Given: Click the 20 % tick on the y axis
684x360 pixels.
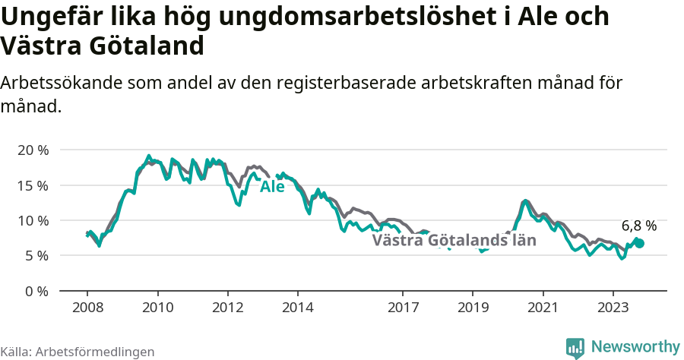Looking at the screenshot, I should point(33,150).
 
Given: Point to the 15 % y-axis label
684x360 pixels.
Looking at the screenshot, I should point(33,185).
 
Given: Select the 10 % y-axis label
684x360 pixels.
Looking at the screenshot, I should point(33,220).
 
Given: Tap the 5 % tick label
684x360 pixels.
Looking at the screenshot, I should point(36,256).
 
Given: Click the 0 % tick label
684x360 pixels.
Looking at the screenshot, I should point(36,291).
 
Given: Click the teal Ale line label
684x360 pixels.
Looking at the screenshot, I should point(272,187).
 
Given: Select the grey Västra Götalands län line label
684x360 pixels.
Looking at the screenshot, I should point(454,241).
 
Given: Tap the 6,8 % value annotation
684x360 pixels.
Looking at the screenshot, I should point(638,226).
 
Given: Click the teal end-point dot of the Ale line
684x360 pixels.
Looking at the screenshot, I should point(640,243).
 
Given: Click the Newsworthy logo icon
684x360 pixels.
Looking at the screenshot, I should point(575,347).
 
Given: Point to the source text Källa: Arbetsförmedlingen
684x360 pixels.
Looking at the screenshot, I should point(78,352).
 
